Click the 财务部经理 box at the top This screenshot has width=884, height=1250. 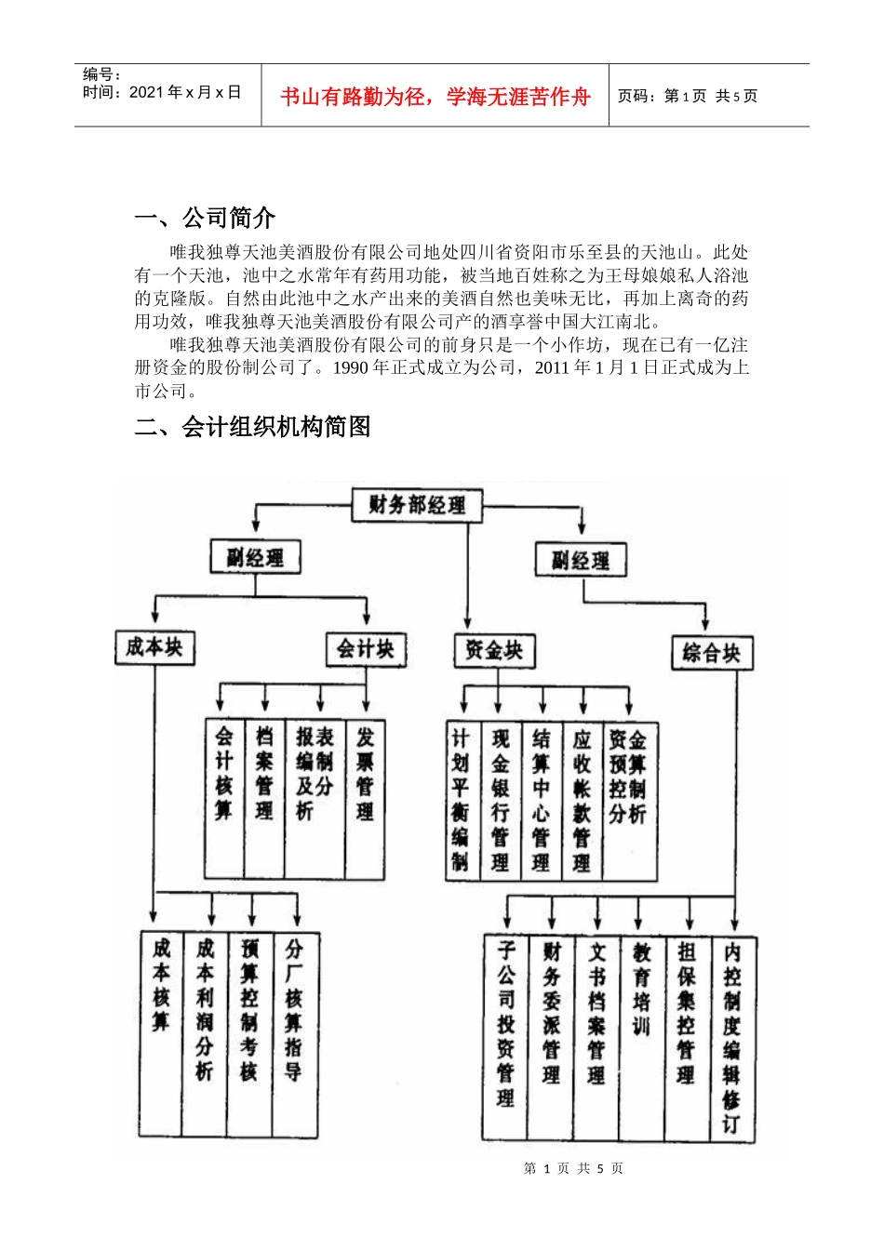tap(417, 506)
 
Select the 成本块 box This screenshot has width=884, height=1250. tap(154, 647)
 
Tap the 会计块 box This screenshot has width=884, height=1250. tap(366, 649)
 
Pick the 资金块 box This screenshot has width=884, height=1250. tap(494, 651)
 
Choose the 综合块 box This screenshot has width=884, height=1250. tap(712, 653)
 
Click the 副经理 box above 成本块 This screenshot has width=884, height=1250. tap(255, 558)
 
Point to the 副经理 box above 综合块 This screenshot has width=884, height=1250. tap(581, 560)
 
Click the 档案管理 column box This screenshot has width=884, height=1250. tap(264, 798)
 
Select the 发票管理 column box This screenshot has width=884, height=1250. tap(365, 798)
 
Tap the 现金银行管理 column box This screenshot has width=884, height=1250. tap(501, 801)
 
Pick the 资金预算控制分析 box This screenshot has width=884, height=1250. tap(629, 801)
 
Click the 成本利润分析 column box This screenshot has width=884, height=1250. tap(205, 1034)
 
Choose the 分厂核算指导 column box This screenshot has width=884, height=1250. tap(294, 1034)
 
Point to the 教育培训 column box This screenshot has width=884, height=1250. tap(641, 1038)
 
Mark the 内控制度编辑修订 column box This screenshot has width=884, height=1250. tap(732, 1038)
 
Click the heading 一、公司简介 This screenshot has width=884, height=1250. tap(205, 218)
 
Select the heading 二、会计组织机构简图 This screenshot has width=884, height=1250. tap(252, 427)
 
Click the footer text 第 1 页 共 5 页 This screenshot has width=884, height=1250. tap(573, 1168)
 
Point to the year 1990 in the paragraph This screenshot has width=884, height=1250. tap(350, 367)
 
